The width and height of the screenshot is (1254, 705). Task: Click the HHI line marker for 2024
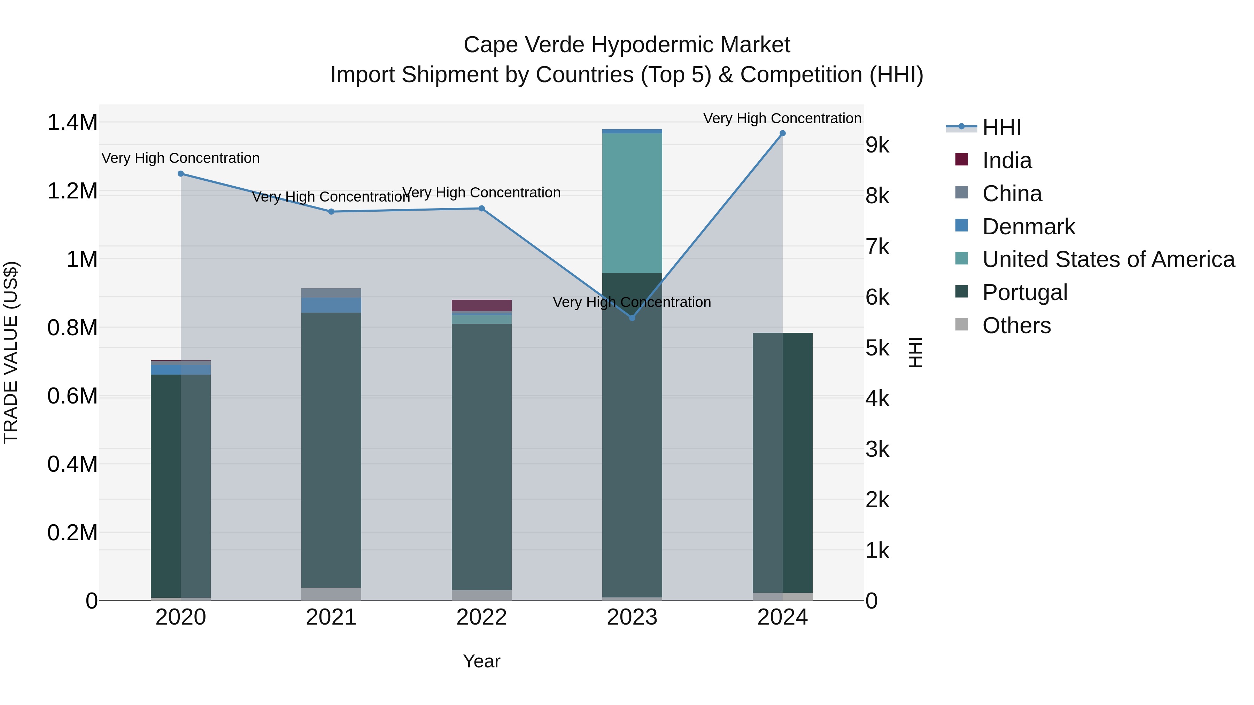pos(782,133)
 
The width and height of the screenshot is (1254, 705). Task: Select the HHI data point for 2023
pos(632,318)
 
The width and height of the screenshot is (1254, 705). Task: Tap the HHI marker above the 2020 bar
pos(180,174)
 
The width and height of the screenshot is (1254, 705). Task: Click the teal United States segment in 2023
pos(632,203)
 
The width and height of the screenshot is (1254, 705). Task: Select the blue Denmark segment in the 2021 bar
pos(331,305)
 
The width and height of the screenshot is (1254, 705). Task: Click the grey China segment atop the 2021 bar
pos(331,293)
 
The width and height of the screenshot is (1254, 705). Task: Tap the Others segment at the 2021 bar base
pos(331,594)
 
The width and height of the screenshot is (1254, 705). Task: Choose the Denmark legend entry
pos(1028,227)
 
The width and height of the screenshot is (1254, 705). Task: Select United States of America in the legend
pos(1108,259)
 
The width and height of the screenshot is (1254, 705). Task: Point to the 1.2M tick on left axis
pos(72,191)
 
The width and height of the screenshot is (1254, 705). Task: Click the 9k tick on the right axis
pos(877,145)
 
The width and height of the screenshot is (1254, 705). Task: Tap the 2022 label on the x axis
pos(481,617)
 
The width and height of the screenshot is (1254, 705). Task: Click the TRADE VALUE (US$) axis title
pos(11,352)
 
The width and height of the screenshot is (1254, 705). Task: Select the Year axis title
pos(481,661)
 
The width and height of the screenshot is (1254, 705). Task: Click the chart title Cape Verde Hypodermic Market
pos(627,45)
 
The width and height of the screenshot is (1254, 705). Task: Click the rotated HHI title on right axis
pos(915,352)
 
